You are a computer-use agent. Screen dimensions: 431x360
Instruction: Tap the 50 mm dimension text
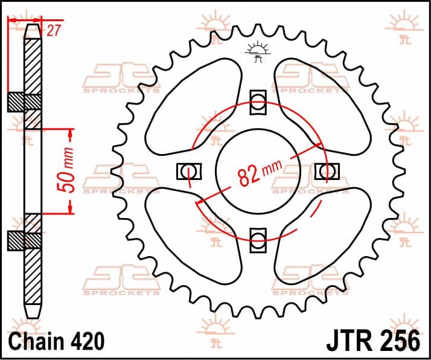point(66,170)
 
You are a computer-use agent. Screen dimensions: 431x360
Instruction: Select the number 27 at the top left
point(53,31)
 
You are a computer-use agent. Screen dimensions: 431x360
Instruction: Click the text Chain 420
point(56,341)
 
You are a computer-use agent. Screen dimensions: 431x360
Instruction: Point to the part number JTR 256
point(373,341)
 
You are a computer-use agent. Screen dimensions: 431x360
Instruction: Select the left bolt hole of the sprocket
point(188,172)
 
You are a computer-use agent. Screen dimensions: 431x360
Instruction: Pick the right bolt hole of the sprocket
point(327,172)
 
